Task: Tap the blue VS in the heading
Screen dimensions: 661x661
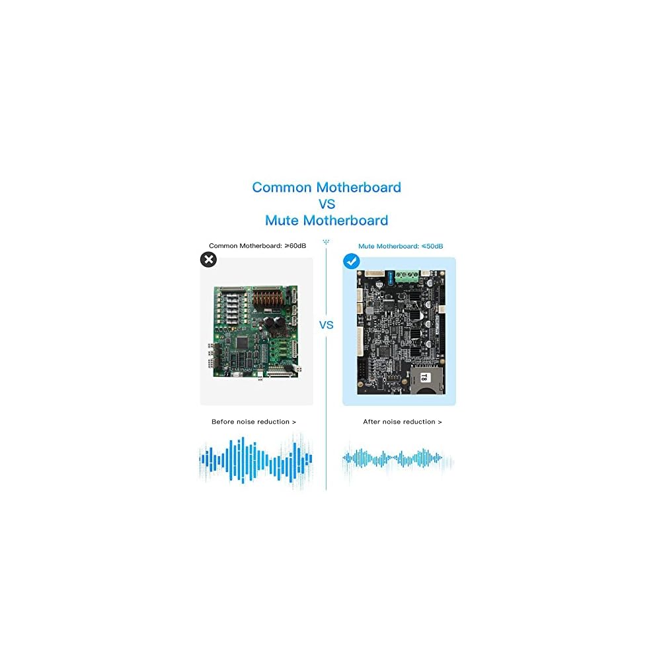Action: pyautogui.click(x=327, y=204)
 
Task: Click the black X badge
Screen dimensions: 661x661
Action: pyautogui.click(x=208, y=260)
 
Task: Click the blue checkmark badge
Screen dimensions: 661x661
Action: pyautogui.click(x=351, y=262)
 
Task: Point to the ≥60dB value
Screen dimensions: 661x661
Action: pyautogui.click(x=295, y=246)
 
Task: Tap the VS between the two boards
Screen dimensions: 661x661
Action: pyautogui.click(x=326, y=325)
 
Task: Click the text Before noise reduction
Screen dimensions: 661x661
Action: pyautogui.click(x=254, y=422)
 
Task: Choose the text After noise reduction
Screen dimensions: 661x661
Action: pyautogui.click(x=402, y=422)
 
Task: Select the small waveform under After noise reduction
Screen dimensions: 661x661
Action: pyautogui.click(x=397, y=458)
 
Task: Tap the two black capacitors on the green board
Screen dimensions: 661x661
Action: pyautogui.click(x=273, y=324)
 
